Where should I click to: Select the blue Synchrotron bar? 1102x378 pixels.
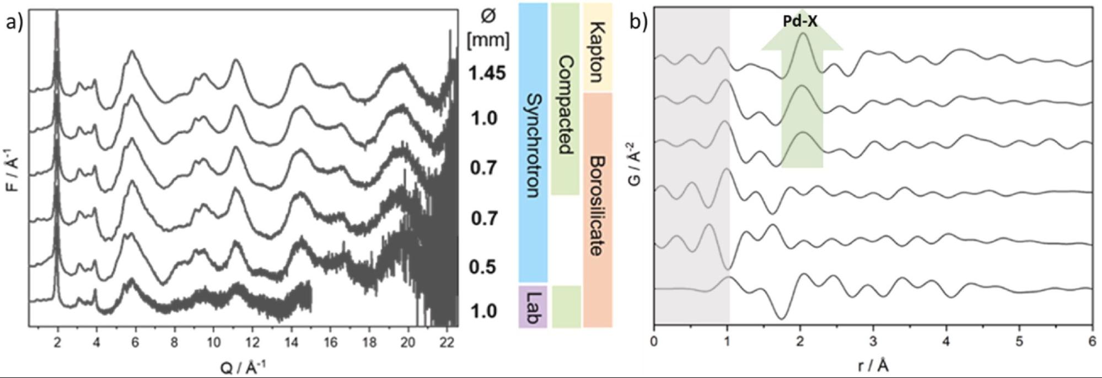pos(533,143)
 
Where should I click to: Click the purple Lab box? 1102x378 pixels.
pos(533,307)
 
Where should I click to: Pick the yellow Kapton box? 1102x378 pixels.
pos(598,47)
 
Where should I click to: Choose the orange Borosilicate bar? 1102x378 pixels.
pos(598,210)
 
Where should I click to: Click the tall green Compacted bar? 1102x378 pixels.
pos(565,99)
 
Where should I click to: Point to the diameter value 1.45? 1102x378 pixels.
pos(487,73)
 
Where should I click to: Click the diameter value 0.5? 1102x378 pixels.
pos(483,267)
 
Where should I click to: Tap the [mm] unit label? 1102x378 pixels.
pos(488,40)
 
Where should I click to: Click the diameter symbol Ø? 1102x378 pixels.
pos(488,17)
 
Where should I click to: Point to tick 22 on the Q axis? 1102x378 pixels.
pos(447,342)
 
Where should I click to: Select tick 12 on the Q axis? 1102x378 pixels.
pos(252,342)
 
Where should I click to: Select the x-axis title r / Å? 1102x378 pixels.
pos(873,365)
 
